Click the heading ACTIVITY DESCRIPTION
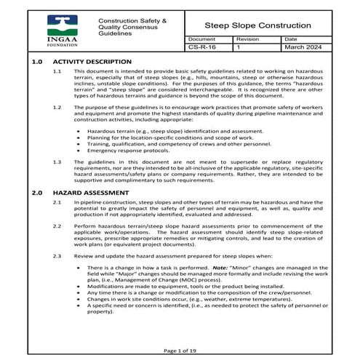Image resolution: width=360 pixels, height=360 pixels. point(92,62)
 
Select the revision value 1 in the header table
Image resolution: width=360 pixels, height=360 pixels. point(239,47)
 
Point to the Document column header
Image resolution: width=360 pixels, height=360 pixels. point(201,39)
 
